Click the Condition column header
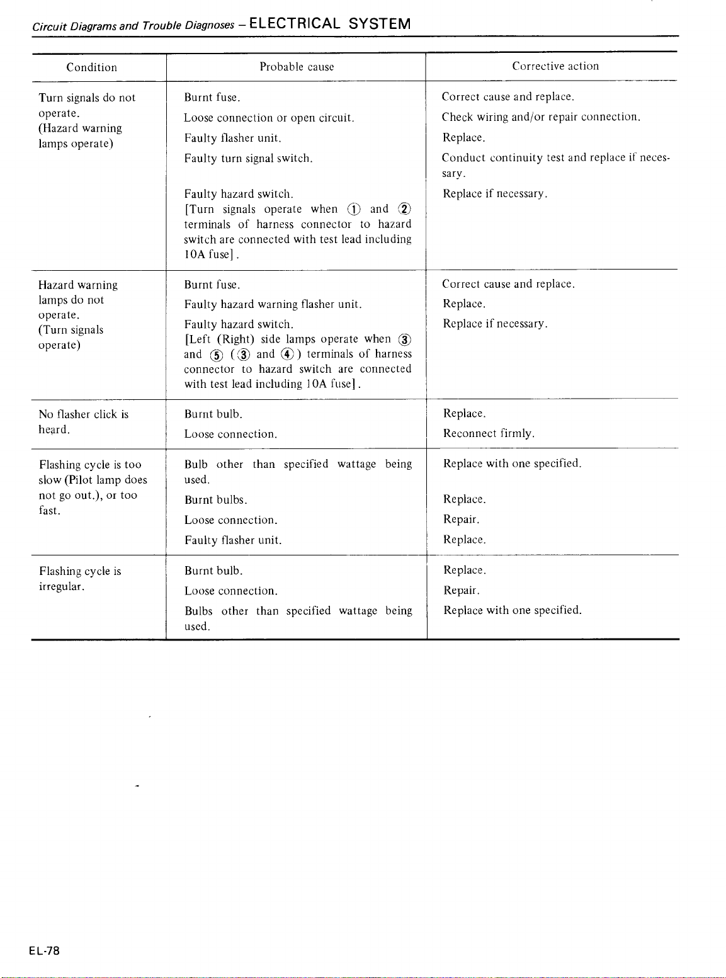click(x=92, y=67)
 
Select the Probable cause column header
click(x=297, y=67)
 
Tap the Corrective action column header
click(x=555, y=66)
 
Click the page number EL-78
click(x=44, y=951)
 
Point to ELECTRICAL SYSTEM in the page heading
click(x=330, y=24)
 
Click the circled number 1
click(x=354, y=210)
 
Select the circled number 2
click(x=405, y=210)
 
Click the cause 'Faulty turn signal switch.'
click(x=248, y=159)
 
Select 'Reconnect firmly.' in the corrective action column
click(x=489, y=433)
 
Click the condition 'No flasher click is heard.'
click(x=83, y=421)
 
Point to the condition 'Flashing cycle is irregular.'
click(x=80, y=578)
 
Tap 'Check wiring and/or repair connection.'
click(x=541, y=117)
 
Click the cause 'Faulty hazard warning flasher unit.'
click(x=273, y=305)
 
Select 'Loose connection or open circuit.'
click(x=269, y=118)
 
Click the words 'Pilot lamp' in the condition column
click(x=93, y=480)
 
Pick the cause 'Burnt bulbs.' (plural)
click(x=215, y=500)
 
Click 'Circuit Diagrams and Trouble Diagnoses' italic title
click(x=133, y=26)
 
